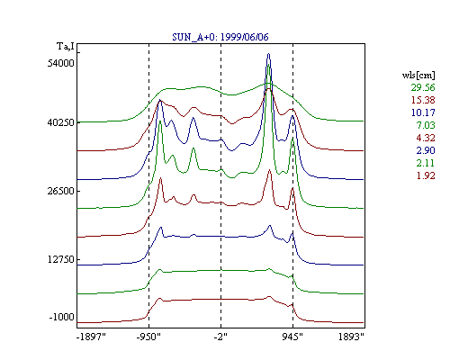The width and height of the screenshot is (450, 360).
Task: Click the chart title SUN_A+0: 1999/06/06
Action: pyautogui.click(x=220, y=37)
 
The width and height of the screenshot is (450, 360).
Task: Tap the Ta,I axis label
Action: pyautogui.click(x=66, y=47)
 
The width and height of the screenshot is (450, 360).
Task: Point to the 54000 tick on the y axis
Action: pyautogui.click(x=61, y=63)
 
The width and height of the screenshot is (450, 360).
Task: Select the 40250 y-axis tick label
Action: pyautogui.click(x=61, y=122)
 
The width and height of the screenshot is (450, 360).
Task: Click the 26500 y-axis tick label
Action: pyautogui.click(x=61, y=191)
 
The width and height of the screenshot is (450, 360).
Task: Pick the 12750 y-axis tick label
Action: pyautogui.click(x=61, y=259)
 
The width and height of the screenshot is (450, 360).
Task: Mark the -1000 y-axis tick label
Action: pyautogui.click(x=62, y=317)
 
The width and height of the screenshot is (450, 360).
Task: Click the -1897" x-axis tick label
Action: pyautogui.click(x=91, y=337)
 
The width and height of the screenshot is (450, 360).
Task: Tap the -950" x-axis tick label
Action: pyautogui.click(x=148, y=337)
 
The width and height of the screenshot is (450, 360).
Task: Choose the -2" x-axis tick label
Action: pyautogui.click(x=220, y=337)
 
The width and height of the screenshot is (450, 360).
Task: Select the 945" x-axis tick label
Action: pyautogui.click(x=292, y=337)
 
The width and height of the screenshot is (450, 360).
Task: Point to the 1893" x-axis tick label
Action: pyautogui.click(x=351, y=337)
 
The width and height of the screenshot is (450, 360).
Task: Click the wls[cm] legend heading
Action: pyautogui.click(x=418, y=75)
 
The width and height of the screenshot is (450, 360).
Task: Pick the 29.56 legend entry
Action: pyautogui.click(x=423, y=87)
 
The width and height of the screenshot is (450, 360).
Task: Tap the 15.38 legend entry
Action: pyautogui.click(x=423, y=100)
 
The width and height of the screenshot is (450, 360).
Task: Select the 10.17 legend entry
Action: pyautogui.click(x=423, y=112)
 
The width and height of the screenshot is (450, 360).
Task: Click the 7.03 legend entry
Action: pyautogui.click(x=426, y=125)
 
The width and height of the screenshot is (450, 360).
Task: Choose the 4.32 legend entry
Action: pyautogui.click(x=426, y=138)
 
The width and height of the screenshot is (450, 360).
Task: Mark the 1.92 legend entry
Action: pyautogui.click(x=426, y=175)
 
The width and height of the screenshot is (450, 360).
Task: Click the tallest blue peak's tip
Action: pyautogui.click(x=268, y=54)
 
